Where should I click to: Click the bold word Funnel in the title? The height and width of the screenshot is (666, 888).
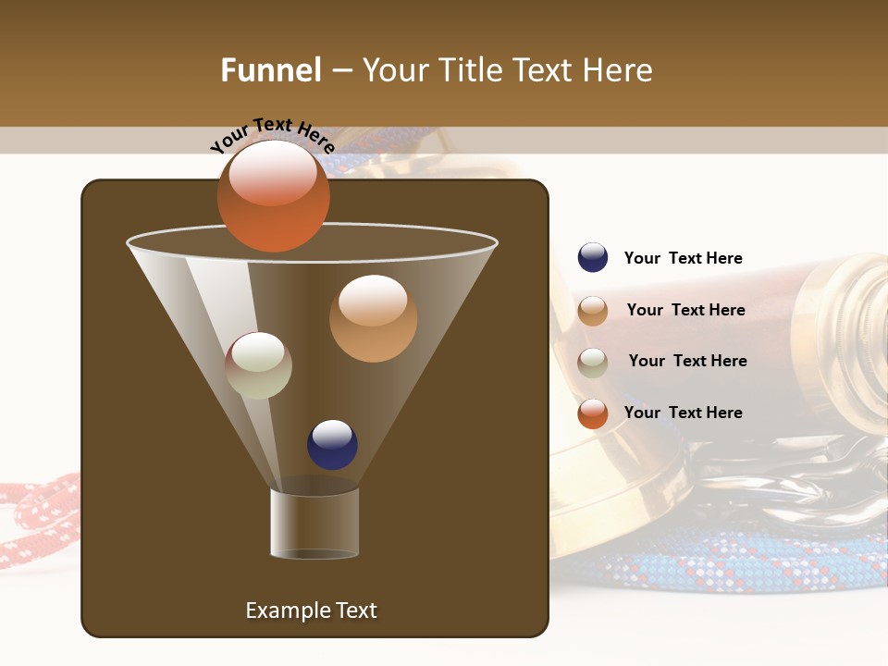coord(270,70)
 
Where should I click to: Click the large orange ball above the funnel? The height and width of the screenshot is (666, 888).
coord(273,196)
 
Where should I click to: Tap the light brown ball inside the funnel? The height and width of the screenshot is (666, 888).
coord(373,318)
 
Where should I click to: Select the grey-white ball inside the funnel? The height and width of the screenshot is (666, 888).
coord(258,365)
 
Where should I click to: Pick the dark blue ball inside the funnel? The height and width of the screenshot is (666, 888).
coord(332,444)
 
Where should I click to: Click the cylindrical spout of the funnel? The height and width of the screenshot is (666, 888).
coord(314,523)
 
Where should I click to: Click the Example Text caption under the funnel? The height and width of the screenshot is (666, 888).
coord(311,610)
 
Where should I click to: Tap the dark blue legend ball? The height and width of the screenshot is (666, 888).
coord(593,258)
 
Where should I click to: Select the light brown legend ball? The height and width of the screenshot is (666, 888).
coord(593,311)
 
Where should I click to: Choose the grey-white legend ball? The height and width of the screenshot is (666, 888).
coord(593,362)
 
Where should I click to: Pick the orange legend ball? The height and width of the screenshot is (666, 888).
coord(593,413)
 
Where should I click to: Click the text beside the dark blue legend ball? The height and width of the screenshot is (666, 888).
coord(683,259)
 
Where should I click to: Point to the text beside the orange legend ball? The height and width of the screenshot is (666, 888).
coord(683,413)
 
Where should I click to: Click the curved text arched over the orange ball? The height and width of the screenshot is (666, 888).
coord(272,135)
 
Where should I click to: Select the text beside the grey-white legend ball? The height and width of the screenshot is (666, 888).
coord(687,361)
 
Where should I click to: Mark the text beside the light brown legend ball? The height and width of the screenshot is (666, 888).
coord(685,310)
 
